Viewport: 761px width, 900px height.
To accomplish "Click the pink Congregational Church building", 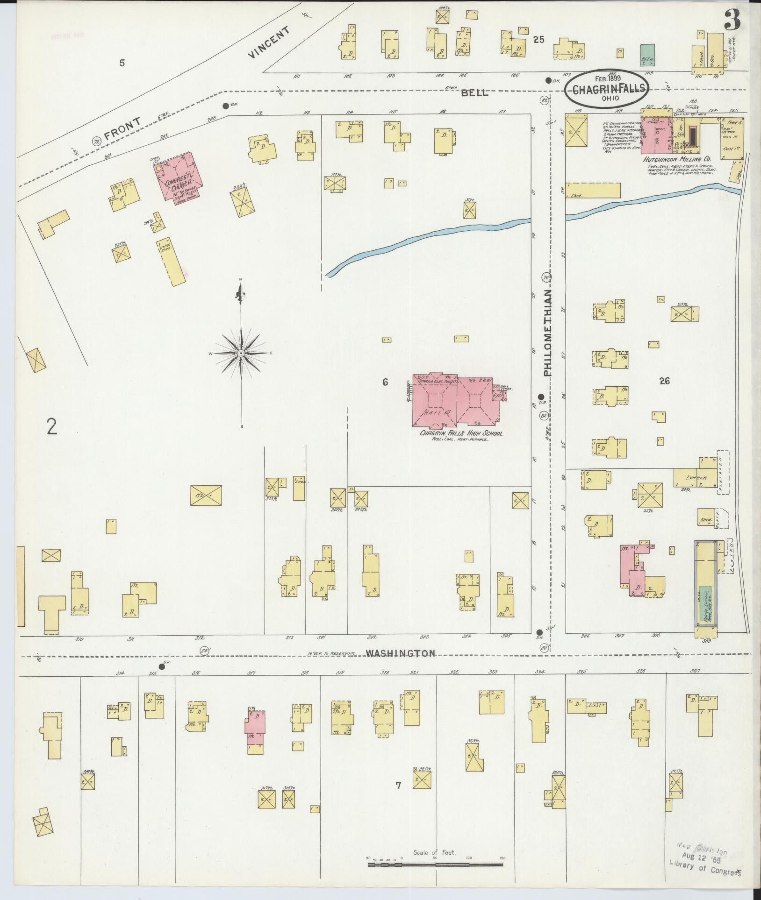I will [179, 176].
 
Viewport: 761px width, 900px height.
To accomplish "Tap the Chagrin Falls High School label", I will [461, 433].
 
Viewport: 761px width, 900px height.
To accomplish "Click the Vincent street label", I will [269, 48].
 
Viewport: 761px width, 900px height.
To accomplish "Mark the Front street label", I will [122, 128].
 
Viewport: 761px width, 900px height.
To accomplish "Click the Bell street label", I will [474, 93].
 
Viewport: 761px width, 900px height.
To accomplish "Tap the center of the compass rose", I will [241, 354].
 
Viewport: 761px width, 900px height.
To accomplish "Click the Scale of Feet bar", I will [436, 865].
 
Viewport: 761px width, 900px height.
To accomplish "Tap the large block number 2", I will [51, 427].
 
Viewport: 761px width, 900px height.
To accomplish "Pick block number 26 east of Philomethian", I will [664, 381].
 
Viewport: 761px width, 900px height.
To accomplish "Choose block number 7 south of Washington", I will [398, 786].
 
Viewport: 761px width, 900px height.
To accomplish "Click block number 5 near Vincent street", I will [122, 63].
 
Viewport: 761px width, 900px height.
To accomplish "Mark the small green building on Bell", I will [647, 54].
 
